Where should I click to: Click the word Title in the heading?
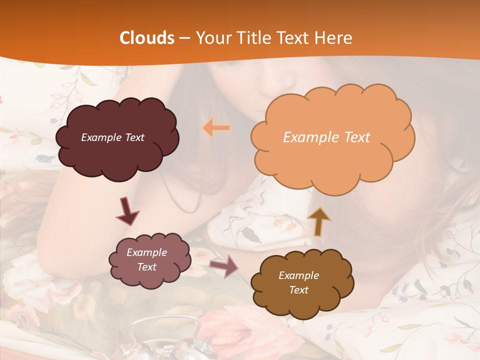click(253, 38)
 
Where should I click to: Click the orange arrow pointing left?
click(216, 128)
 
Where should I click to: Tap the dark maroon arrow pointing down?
click(127, 211)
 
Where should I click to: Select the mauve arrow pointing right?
click(223, 266)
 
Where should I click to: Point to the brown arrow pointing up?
click(319, 221)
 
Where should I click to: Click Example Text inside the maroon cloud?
click(112, 137)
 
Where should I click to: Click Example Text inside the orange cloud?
click(326, 137)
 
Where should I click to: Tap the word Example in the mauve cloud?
click(146, 252)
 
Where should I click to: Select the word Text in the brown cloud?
click(298, 290)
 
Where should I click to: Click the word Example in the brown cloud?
click(298, 275)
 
